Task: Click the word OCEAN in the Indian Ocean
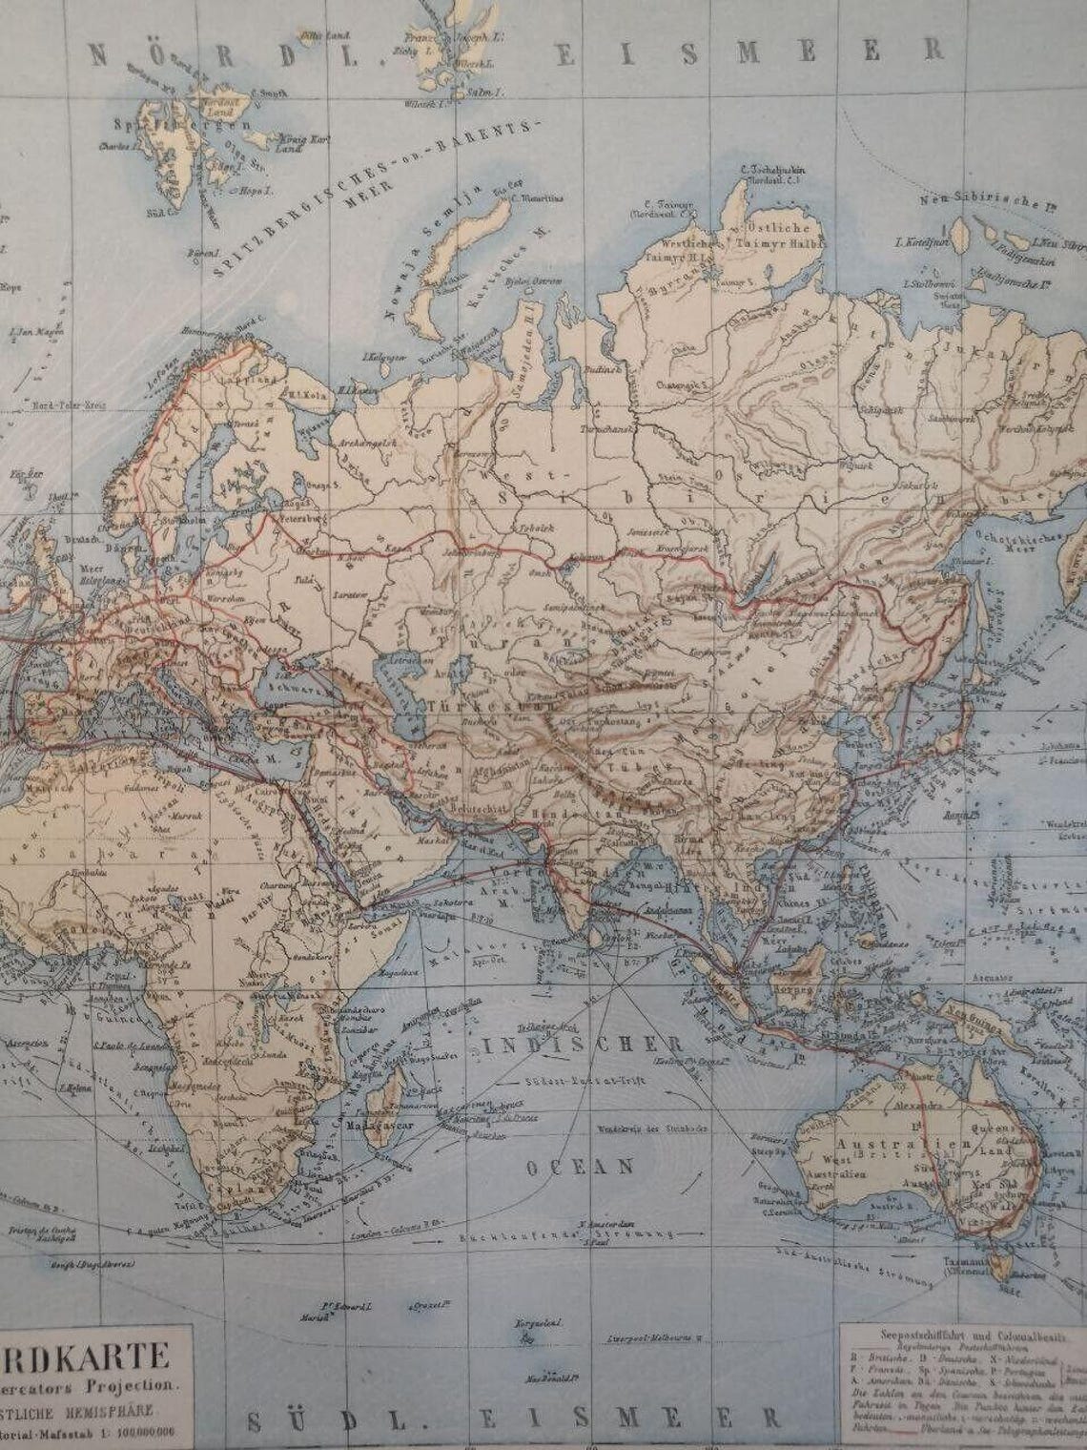580,1167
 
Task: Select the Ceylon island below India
598,937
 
